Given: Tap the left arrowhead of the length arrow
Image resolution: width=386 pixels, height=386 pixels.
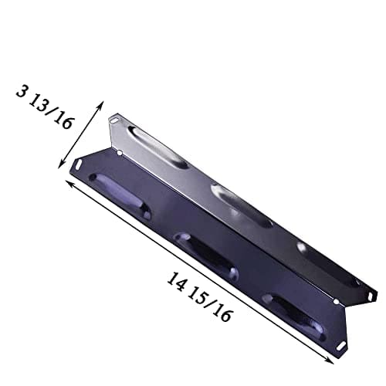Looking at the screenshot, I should pos(69,183).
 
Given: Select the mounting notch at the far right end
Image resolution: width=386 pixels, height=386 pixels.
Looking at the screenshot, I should pos(370,295).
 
